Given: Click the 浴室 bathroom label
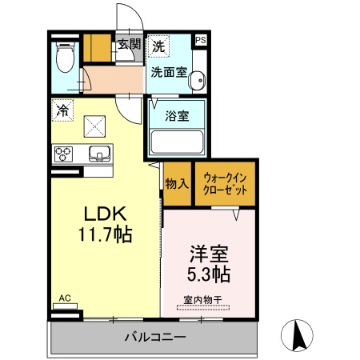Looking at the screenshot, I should coord(177,115).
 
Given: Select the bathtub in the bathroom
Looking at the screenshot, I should coord(176,142).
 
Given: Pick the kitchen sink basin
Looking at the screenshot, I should coord(98,153).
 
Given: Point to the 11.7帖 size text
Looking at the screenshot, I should coord(106,235).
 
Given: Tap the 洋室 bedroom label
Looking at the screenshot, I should coord(210,255).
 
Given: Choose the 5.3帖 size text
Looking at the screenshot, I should coord(210,275).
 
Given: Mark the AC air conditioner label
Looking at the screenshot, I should coord(66,298).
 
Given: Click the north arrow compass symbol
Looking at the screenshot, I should coord(300,335).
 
